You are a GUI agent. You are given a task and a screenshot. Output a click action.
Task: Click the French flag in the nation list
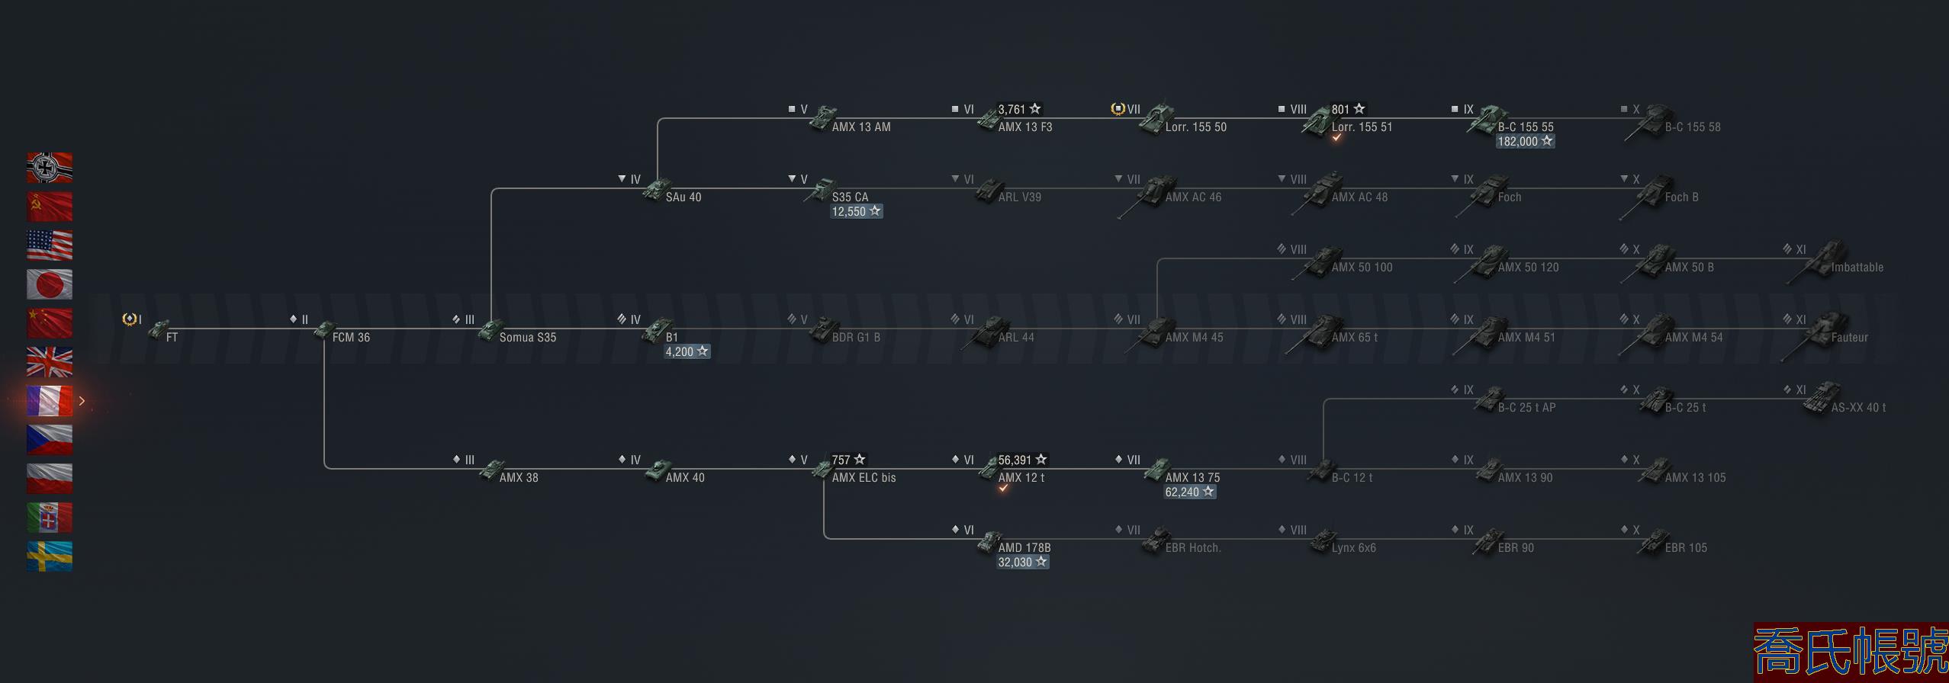[x=50, y=401]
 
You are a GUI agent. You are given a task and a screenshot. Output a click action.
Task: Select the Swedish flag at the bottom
[x=50, y=556]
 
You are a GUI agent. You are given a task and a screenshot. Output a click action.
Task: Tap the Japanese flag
[x=50, y=284]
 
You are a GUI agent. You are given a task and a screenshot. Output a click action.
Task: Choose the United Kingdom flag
[x=50, y=362]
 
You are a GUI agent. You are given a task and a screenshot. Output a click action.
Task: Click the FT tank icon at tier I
[x=159, y=330]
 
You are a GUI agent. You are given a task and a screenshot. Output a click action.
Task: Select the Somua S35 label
[x=527, y=338]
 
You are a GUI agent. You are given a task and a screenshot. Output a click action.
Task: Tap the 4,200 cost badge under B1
[x=687, y=351]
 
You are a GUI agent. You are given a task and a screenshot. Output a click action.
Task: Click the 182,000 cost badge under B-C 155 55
[x=1525, y=141]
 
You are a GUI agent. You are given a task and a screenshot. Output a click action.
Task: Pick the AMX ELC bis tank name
[x=864, y=478]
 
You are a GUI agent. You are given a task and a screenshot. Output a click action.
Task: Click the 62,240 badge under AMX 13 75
[x=1189, y=492]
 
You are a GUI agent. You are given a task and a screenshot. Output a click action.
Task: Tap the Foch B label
[x=1681, y=197]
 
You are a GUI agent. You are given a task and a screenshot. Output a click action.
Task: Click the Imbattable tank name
[x=1857, y=268]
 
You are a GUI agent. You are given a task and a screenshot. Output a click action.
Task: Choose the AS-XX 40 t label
[x=1858, y=408]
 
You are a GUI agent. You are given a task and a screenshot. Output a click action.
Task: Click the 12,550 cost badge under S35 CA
[x=856, y=211]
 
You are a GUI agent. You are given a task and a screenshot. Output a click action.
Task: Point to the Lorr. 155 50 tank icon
[x=1156, y=118]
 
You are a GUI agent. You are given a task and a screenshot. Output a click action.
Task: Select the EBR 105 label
[x=1686, y=548]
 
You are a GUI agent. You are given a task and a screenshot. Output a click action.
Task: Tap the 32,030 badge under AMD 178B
[x=1022, y=562]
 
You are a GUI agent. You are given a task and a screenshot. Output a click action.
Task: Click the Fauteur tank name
[x=1849, y=338]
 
